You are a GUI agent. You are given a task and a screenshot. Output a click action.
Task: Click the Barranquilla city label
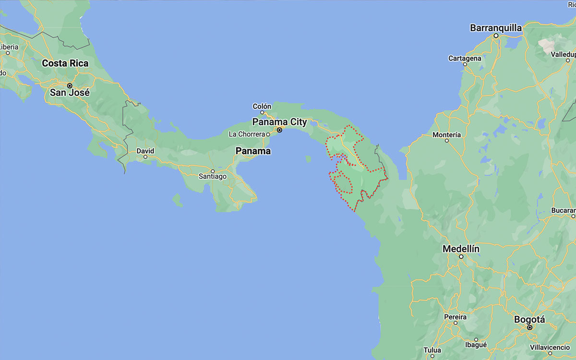pyautogui.click(x=496, y=28)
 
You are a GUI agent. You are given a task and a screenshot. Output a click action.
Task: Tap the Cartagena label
pyautogui.click(x=465, y=58)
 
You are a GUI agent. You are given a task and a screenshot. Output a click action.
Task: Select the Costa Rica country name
pyautogui.click(x=65, y=63)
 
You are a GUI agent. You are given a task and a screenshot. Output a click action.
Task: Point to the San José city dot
pyautogui.click(x=70, y=85)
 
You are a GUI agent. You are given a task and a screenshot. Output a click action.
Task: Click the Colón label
pyautogui.click(x=262, y=106)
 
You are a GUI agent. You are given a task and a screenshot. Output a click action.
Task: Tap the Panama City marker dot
pyautogui.click(x=279, y=130)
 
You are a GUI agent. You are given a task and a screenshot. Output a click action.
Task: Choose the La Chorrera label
pyautogui.click(x=247, y=134)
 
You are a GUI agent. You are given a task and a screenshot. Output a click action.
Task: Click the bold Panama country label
pyautogui.click(x=253, y=151)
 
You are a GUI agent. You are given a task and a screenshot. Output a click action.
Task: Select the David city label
pyautogui.click(x=145, y=150)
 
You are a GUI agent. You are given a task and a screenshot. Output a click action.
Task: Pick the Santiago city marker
pyautogui.click(x=213, y=170)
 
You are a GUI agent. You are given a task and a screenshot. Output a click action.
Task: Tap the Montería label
pyautogui.click(x=446, y=135)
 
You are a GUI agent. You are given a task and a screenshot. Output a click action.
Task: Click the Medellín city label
pyautogui.click(x=461, y=249)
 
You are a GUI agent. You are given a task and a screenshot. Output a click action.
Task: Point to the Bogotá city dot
pyautogui.click(x=530, y=327)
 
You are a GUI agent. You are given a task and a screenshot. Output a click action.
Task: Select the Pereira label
pyautogui.click(x=455, y=317)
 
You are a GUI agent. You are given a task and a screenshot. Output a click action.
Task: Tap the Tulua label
pyautogui.click(x=432, y=350)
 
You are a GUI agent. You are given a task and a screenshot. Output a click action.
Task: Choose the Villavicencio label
pyautogui.click(x=552, y=347)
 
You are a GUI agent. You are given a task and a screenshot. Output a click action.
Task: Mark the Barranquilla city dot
pyautogui.click(x=496, y=36)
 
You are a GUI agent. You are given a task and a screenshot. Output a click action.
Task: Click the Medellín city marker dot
pyautogui.click(x=461, y=257)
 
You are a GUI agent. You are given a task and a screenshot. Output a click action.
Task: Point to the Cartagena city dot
pyautogui.click(x=465, y=64)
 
